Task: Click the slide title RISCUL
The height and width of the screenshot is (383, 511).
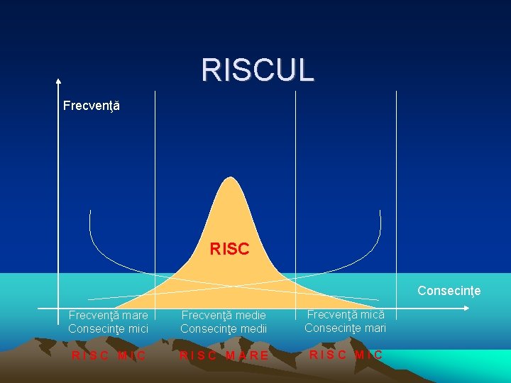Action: tap(257, 70)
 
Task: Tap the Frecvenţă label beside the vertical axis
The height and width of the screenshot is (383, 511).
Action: tap(91, 106)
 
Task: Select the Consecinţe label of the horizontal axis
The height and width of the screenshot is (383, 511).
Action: tap(449, 291)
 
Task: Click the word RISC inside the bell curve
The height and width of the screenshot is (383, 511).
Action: tap(229, 249)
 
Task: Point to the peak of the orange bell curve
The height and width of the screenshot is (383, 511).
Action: tap(229, 177)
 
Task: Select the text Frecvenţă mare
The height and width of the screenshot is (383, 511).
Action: tap(108, 315)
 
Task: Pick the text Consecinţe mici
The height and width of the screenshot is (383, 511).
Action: tap(108, 328)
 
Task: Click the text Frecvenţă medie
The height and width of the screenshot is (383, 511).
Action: tap(224, 315)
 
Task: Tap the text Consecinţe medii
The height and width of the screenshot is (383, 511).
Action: tap(224, 328)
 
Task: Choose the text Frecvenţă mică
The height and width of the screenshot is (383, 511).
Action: tap(345, 314)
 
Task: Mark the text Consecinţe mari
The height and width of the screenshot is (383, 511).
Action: tap(345, 328)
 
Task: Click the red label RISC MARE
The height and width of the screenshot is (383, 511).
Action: tap(224, 355)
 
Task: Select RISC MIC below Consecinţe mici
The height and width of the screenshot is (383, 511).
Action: tap(109, 355)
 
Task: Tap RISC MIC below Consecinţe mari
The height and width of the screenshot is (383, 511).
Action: tap(346, 355)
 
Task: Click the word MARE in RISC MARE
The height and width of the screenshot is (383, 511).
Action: tap(247, 355)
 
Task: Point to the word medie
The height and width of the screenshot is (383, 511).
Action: tap(250, 315)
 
